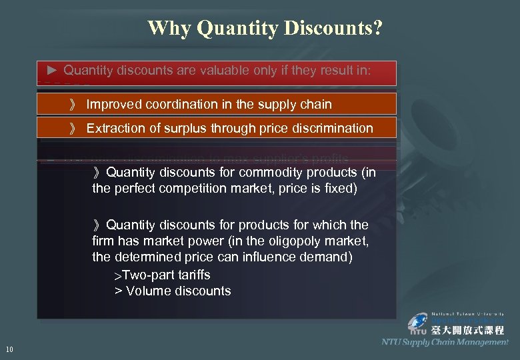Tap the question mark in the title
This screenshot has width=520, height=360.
(x=378, y=28)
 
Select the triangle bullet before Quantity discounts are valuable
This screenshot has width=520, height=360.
(x=53, y=69)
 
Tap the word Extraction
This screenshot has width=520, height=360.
(x=114, y=128)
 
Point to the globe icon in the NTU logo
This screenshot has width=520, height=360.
(x=418, y=322)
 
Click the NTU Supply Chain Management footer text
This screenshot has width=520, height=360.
(x=445, y=342)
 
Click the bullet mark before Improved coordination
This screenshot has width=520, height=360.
(x=73, y=105)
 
